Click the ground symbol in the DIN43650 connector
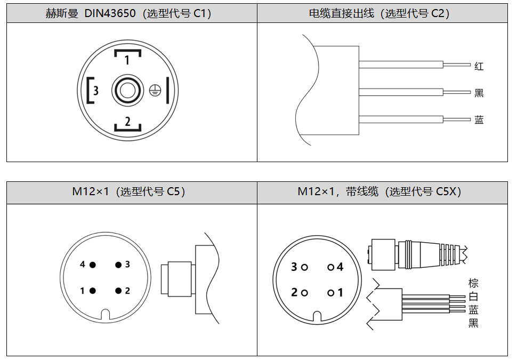[x=154, y=90]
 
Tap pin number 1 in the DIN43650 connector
[x=127, y=60]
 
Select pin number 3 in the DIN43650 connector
[x=95, y=90]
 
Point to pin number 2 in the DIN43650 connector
[x=127, y=122]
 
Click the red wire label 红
[x=479, y=67]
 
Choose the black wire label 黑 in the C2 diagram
[x=479, y=93]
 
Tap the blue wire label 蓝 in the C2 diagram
[x=479, y=120]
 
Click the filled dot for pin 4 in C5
[x=93, y=265]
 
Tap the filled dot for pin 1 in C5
[x=93, y=291]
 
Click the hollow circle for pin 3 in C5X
[x=304, y=267]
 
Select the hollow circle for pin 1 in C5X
[x=331, y=293]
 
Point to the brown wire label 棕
[x=473, y=283]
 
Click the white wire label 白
[x=473, y=297]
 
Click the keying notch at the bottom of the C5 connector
[x=105, y=315]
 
